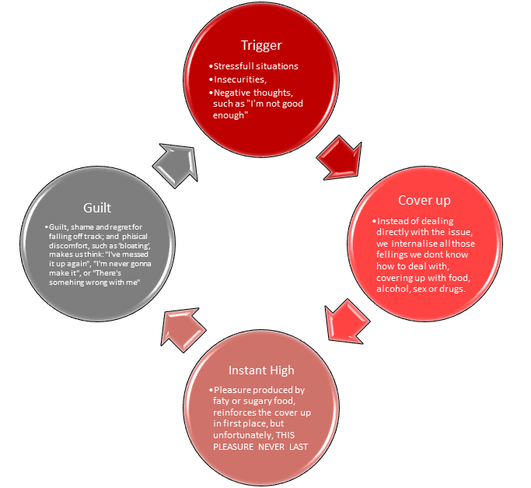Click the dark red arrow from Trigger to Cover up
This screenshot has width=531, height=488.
coord(339,155)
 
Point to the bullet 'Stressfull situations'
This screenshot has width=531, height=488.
coord(254,66)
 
